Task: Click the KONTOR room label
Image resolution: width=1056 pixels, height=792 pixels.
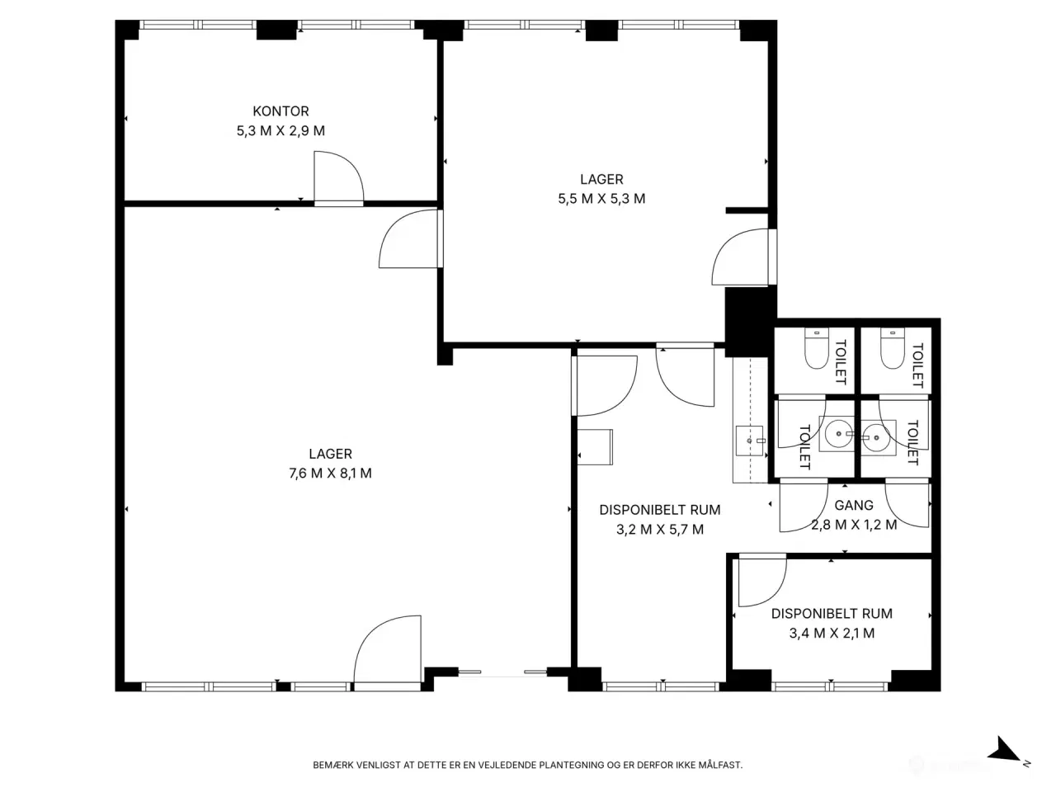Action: point(280,111)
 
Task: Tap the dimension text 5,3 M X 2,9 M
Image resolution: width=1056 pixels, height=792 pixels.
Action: point(280,131)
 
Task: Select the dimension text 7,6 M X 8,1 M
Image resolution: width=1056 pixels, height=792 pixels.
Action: point(330,474)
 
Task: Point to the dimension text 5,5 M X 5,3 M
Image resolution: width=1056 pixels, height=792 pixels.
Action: point(601,199)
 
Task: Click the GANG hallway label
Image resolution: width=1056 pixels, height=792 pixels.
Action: point(853,506)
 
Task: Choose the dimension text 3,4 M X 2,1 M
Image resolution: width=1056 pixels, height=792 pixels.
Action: point(832,634)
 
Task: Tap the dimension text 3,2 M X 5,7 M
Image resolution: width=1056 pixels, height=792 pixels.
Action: point(659,530)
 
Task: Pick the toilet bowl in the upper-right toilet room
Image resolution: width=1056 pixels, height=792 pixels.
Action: point(893,349)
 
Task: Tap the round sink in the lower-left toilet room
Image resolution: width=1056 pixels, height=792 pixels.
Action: point(838,434)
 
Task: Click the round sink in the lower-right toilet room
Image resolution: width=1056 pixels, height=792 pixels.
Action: point(876,437)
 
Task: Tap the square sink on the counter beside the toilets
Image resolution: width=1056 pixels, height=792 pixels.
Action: point(750,441)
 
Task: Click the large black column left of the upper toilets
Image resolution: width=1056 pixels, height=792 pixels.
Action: point(749,322)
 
